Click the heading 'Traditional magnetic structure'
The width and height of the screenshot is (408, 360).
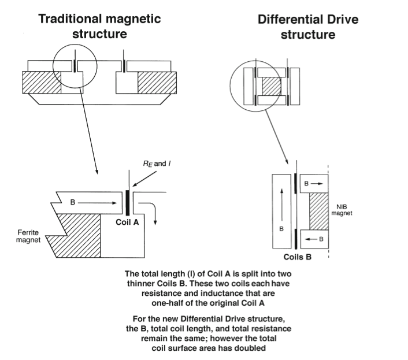99,26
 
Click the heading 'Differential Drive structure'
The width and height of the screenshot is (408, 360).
308,27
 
